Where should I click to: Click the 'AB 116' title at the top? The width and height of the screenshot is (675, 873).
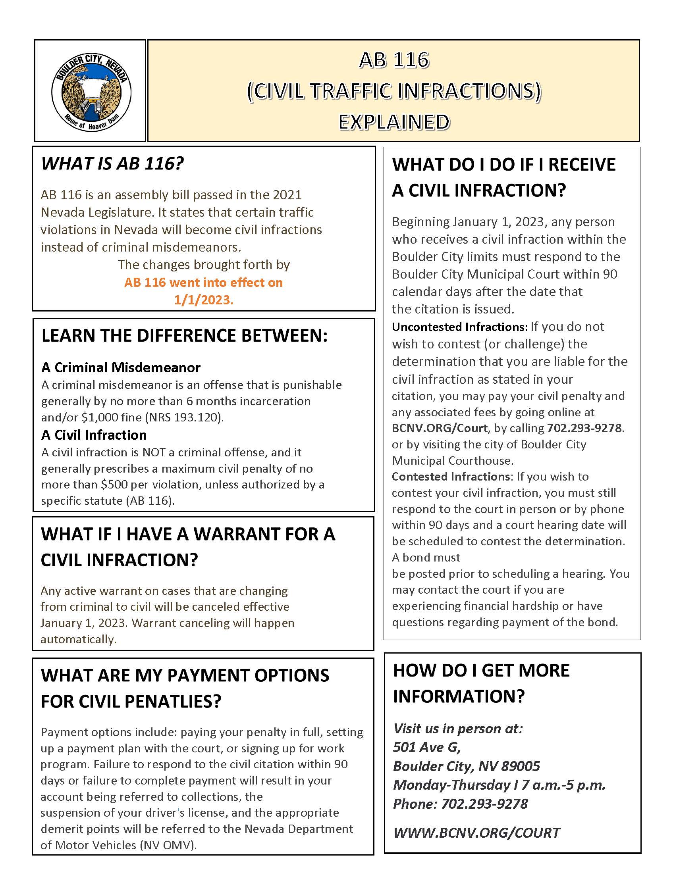pyautogui.click(x=394, y=60)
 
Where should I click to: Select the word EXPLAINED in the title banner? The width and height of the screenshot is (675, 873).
pyautogui.click(x=394, y=122)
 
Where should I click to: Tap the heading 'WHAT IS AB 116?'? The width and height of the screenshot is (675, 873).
pyautogui.click(x=112, y=163)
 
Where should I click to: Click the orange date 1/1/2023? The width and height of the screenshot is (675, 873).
pyautogui.click(x=204, y=300)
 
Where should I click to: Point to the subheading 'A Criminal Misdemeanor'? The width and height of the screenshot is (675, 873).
pyautogui.click(x=121, y=367)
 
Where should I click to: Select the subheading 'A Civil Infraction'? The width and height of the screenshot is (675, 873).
pyautogui.click(x=94, y=435)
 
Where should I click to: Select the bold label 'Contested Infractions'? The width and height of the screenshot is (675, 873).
pyautogui.click(x=451, y=477)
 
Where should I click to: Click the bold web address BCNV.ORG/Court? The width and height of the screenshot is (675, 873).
pyautogui.click(x=439, y=428)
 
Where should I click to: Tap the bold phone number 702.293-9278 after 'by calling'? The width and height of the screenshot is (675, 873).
pyautogui.click(x=584, y=428)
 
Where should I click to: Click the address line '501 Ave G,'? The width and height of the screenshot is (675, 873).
pyautogui.click(x=427, y=747)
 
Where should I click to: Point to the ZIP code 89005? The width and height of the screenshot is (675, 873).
pyautogui.click(x=520, y=766)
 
